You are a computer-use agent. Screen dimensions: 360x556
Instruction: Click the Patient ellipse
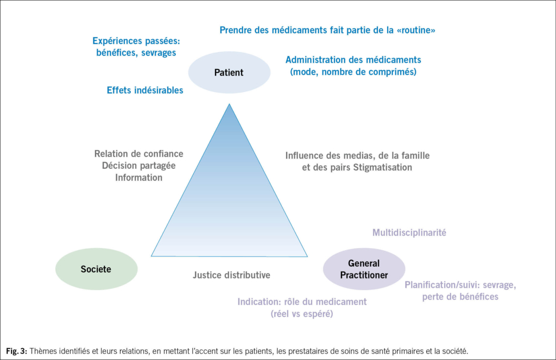pyautogui.click(x=229, y=73)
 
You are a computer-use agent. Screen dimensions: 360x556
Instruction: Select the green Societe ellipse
pyautogui.click(x=96, y=269)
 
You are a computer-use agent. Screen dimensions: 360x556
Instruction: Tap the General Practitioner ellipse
pyautogui.click(x=364, y=269)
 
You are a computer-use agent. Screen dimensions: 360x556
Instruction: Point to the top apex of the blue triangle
pyautogui.click(x=229, y=105)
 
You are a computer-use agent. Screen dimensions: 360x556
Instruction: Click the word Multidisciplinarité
pyautogui.click(x=409, y=232)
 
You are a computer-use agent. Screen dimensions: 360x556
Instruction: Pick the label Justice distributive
pyautogui.click(x=231, y=275)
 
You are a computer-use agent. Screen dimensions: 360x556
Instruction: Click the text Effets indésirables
pyautogui.click(x=145, y=90)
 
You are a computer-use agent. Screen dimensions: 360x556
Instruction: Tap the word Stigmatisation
pyautogui.click(x=383, y=167)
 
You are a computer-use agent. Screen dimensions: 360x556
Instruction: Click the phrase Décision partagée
pyautogui.click(x=139, y=166)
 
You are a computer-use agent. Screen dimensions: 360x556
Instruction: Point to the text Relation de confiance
pyautogui.click(x=139, y=154)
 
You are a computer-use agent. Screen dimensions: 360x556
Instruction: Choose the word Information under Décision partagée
pyautogui.click(x=138, y=178)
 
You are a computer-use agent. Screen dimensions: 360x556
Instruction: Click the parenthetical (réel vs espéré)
pyautogui.click(x=302, y=313)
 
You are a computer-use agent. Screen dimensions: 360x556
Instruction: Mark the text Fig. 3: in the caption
pyautogui.click(x=17, y=351)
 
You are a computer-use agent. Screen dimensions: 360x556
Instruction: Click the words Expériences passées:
pyautogui.click(x=136, y=41)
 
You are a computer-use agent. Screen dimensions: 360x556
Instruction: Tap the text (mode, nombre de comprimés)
pyautogui.click(x=353, y=71)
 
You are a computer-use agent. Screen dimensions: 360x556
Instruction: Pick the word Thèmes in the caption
pyautogui.click(x=43, y=351)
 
